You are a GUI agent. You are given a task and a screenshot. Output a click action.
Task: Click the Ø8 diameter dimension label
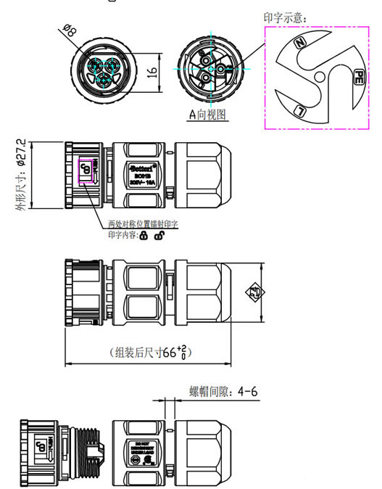[70, 31]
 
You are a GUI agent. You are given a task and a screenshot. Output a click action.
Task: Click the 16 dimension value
[151, 72]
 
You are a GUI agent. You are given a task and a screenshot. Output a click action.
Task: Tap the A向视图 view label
[207, 114]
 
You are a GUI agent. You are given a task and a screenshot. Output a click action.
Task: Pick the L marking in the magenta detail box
[300, 110]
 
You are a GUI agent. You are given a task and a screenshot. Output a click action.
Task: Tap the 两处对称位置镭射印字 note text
[143, 224]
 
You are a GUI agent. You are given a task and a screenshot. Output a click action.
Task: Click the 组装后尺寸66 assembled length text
[153, 353]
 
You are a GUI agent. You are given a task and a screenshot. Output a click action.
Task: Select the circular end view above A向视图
[207, 70]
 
